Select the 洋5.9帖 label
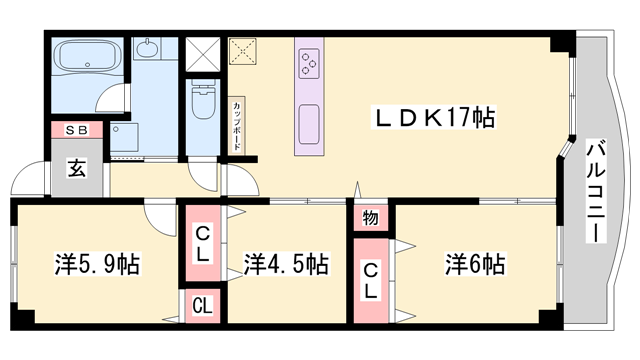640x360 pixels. pos(97,265)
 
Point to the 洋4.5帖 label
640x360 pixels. pos(287,265)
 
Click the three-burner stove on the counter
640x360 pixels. pos(308,63)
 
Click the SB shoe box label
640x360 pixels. pos(77,130)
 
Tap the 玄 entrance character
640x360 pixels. pos(77,167)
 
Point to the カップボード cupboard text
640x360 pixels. pos(237,125)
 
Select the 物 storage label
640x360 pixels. pos(370,218)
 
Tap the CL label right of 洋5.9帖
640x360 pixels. pos(202,245)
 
